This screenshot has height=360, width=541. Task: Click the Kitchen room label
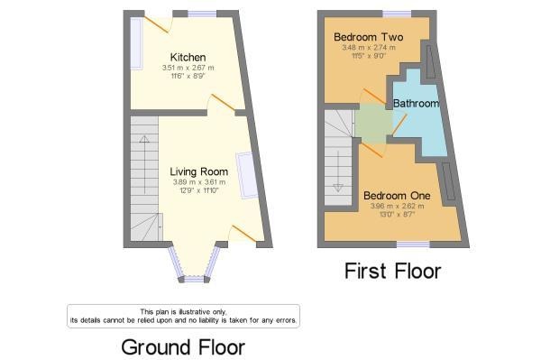tap(188, 58)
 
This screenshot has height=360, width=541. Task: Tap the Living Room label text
tap(199, 171)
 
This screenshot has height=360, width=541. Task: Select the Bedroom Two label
tap(369, 37)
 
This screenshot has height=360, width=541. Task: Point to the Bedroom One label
tap(397, 196)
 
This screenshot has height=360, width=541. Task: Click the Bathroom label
tap(416, 103)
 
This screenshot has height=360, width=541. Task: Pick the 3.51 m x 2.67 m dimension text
tap(188, 68)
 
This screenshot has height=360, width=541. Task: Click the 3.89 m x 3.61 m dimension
tap(199, 182)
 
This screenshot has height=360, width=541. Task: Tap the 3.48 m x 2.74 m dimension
tap(369, 48)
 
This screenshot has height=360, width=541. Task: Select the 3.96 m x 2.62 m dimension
tap(397, 207)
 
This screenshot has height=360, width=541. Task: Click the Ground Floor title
tap(183, 347)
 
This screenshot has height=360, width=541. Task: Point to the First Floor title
tap(392, 271)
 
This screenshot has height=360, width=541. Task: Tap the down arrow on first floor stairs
tap(338, 171)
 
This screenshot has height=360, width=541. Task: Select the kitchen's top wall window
tap(202, 14)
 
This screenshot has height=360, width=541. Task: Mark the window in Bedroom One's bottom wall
tap(413, 245)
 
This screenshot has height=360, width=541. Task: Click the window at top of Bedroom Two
tap(397, 14)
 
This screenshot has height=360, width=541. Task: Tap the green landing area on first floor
tap(372, 124)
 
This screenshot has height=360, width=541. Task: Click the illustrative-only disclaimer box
tap(183, 316)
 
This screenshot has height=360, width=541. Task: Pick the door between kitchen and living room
tap(223, 102)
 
